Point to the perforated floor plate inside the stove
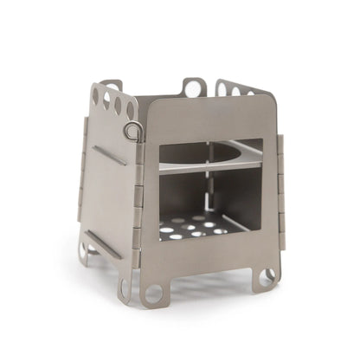[196, 229]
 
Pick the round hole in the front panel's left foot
[153, 292]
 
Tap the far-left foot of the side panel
[84, 252]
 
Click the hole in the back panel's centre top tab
[194, 87]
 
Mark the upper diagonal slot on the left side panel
[110, 156]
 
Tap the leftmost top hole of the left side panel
[95, 96]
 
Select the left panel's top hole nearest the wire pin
[131, 111]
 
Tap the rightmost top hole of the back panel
[251, 93]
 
